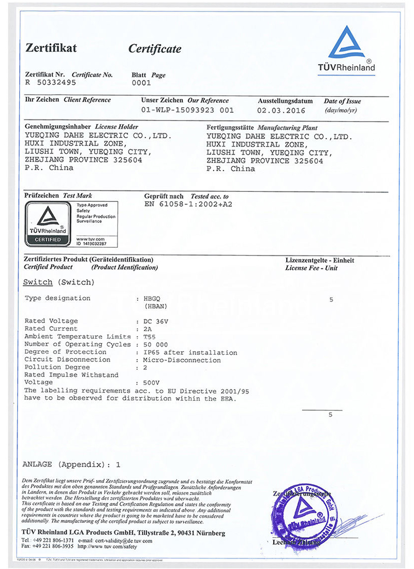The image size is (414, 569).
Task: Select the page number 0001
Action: [x=141, y=82]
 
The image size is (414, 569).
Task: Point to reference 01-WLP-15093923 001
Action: [x=187, y=110]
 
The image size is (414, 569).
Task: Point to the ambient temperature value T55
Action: [x=149, y=337]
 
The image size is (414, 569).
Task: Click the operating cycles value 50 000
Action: [x=155, y=345]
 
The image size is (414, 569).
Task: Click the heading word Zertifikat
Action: [x=51, y=48]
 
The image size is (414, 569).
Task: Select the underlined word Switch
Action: [x=38, y=282]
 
